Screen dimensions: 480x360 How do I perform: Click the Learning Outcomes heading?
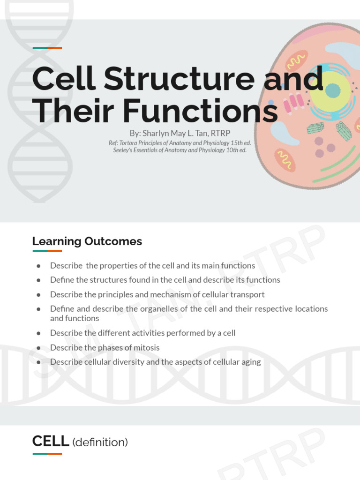[87, 241]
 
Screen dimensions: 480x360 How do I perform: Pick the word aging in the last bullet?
[251, 362]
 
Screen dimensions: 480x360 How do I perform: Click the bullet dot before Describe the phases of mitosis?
[38, 348]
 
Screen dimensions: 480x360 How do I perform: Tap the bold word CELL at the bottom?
[51, 441]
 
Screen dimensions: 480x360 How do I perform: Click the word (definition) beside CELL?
[100, 442]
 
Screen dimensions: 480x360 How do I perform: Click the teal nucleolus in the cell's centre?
[333, 90]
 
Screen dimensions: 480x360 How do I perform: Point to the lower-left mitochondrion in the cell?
[285, 160]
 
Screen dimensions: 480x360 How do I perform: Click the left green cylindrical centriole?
[315, 128]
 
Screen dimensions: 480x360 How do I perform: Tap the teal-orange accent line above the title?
[47, 48]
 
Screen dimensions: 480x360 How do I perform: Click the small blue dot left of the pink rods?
[271, 102]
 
